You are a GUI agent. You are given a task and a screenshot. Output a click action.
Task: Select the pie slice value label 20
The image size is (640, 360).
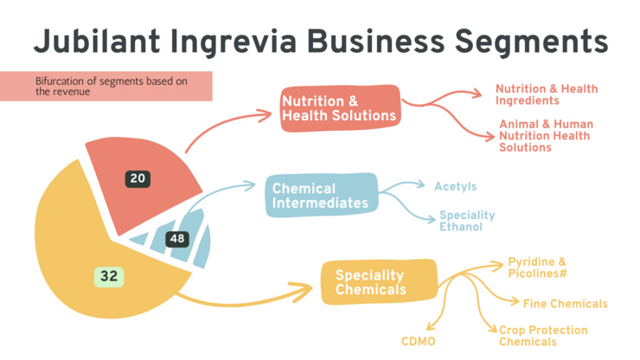point(138,179)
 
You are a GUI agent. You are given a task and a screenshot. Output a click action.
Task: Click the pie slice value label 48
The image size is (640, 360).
point(177,238)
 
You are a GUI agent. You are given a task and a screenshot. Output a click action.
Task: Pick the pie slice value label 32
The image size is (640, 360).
point(109,276)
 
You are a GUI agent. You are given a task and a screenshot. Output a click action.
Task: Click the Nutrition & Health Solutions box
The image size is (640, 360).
point(339,108)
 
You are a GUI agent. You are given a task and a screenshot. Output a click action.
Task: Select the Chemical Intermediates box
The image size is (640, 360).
point(321,196)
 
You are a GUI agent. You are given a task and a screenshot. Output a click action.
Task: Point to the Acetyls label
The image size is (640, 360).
point(455,187)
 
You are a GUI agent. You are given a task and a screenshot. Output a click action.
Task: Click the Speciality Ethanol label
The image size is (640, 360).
point(466,221)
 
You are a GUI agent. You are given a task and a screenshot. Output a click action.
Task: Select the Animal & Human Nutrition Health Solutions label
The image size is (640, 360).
point(545,136)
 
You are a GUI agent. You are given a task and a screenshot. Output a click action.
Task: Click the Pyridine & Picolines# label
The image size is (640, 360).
point(537,267)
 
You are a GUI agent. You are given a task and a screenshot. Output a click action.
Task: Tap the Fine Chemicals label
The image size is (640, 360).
point(565,304)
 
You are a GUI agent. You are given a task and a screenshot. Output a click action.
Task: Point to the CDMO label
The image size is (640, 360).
point(418,341)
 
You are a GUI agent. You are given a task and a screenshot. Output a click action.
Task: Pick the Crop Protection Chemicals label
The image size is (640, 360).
point(543,336)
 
